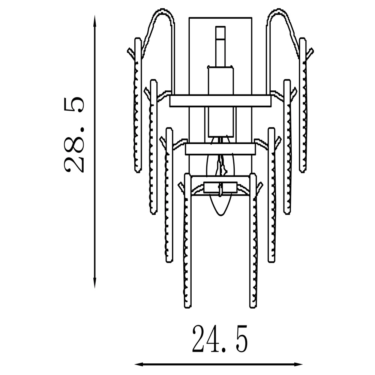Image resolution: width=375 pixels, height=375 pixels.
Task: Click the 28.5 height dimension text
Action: coord(73,135)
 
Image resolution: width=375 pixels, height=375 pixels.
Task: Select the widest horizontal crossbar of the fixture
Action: coord(220,100)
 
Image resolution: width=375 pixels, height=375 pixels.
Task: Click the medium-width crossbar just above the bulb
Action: coord(220,149)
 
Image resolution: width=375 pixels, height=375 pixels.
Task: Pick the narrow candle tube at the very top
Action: coord(220,45)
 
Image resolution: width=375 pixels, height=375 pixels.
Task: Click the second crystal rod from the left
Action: coord(153,146)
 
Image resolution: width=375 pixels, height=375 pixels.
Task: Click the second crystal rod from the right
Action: coord(287,146)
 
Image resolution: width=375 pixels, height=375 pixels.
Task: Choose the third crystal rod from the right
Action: coord(271,195)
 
